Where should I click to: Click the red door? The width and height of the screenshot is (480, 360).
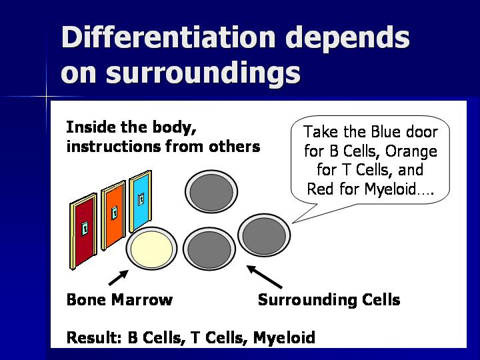83,231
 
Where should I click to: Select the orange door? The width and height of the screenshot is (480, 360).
113,215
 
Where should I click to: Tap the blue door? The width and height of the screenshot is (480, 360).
141,201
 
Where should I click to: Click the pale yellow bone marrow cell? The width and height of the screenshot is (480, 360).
152,249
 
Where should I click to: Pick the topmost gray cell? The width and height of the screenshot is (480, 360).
211,191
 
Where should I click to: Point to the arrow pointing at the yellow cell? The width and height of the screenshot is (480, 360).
119,277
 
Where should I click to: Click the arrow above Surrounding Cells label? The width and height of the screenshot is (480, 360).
265,277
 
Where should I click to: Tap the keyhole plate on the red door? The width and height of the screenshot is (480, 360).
85,229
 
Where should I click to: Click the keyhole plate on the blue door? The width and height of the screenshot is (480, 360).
141,199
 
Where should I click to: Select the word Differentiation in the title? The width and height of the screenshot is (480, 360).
169,37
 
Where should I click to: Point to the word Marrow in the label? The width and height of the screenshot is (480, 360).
142,299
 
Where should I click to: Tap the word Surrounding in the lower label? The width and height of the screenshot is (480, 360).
307,300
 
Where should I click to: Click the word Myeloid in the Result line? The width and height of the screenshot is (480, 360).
284,338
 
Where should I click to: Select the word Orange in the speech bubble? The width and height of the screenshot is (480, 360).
411,151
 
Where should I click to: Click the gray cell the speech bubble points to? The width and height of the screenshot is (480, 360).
264,235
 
